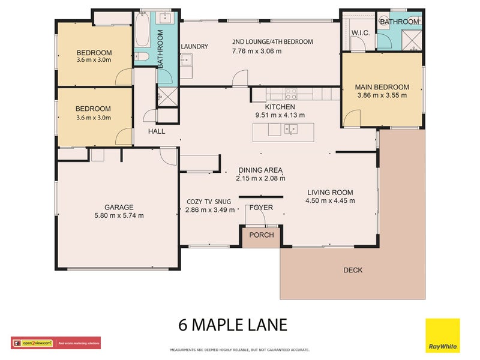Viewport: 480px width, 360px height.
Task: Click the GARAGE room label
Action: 118,207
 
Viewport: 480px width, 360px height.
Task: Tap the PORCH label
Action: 262,235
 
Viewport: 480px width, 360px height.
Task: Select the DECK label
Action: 353,270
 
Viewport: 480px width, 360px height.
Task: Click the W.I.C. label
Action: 361,32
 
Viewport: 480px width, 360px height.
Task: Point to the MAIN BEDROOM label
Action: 382,87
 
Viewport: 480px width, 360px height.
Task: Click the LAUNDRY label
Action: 194,47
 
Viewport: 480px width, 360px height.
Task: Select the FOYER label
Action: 262,208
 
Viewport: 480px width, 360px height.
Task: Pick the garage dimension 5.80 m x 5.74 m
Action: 119,215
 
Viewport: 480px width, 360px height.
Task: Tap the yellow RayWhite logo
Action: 442,336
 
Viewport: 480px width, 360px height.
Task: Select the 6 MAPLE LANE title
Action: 233,325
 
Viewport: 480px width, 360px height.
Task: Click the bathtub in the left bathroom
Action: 142,30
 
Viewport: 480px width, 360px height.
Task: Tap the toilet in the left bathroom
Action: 142,56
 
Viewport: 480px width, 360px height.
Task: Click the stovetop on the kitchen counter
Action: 290,94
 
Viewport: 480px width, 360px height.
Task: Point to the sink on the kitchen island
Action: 291,128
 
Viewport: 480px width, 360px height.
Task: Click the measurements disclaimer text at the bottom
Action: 240,349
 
